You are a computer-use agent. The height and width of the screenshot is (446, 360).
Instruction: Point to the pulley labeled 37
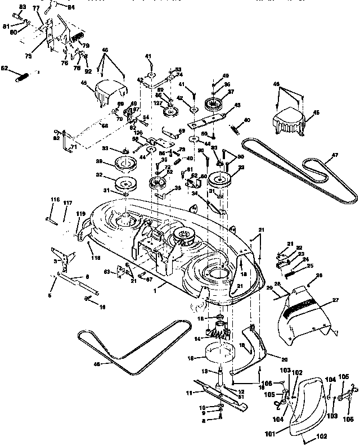214,104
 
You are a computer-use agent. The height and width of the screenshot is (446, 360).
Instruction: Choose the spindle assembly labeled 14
219,332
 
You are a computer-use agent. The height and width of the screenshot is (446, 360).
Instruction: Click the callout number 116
55,200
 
